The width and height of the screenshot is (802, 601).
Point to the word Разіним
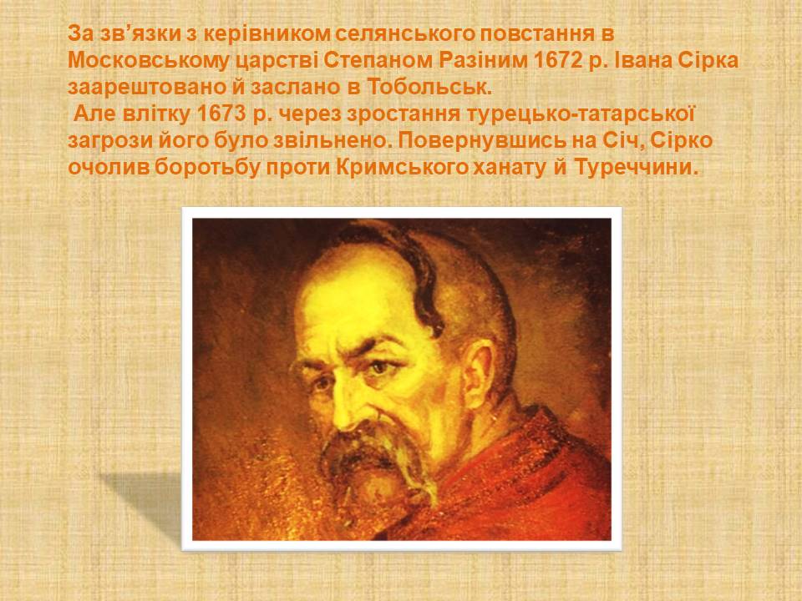point(482,61)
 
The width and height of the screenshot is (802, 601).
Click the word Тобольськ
point(429,88)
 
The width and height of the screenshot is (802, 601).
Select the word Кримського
point(403,167)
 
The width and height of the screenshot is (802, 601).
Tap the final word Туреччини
point(637,167)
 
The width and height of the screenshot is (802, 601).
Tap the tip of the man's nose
point(342,422)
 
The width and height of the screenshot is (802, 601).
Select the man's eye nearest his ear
point(381,367)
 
